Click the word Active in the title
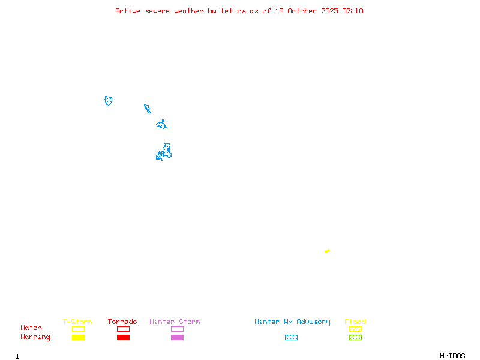coord(128,11)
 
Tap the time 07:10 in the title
coord(353,11)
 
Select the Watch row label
coord(31,328)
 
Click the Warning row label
coord(35,337)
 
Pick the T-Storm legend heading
coord(77,322)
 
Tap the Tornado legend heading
coord(122,322)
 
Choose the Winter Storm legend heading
coord(175,322)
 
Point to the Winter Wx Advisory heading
coord(292,322)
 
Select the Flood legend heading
coord(355,322)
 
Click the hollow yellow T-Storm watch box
coord(78,329)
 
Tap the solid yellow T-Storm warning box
coord(78,337)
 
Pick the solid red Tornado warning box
coord(123,337)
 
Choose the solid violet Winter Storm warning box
coord(177,337)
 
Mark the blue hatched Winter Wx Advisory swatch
coord(291,337)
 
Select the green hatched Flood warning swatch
coord(355,337)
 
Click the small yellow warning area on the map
coord(327,251)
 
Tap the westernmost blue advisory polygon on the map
coord(109,101)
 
